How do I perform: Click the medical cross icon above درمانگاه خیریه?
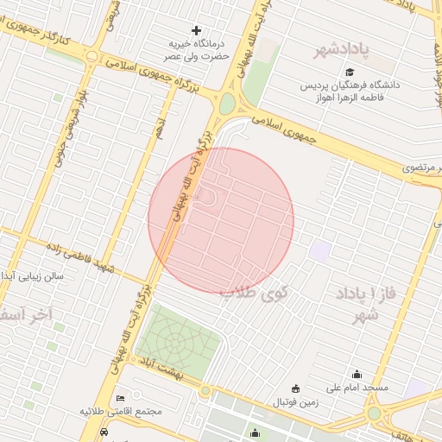pyautogui.click(x=196, y=31)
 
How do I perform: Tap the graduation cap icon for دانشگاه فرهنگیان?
pyautogui.click(x=350, y=72)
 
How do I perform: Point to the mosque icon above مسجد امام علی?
pyautogui.click(x=357, y=374)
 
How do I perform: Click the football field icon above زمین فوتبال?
pyautogui.click(x=297, y=389)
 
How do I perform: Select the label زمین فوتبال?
pyautogui.click(x=296, y=402)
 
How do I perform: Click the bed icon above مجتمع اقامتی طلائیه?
pyautogui.click(x=119, y=398)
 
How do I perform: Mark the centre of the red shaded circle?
pyautogui.click(x=221, y=220)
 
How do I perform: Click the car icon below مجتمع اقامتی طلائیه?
pyautogui.click(x=104, y=433)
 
